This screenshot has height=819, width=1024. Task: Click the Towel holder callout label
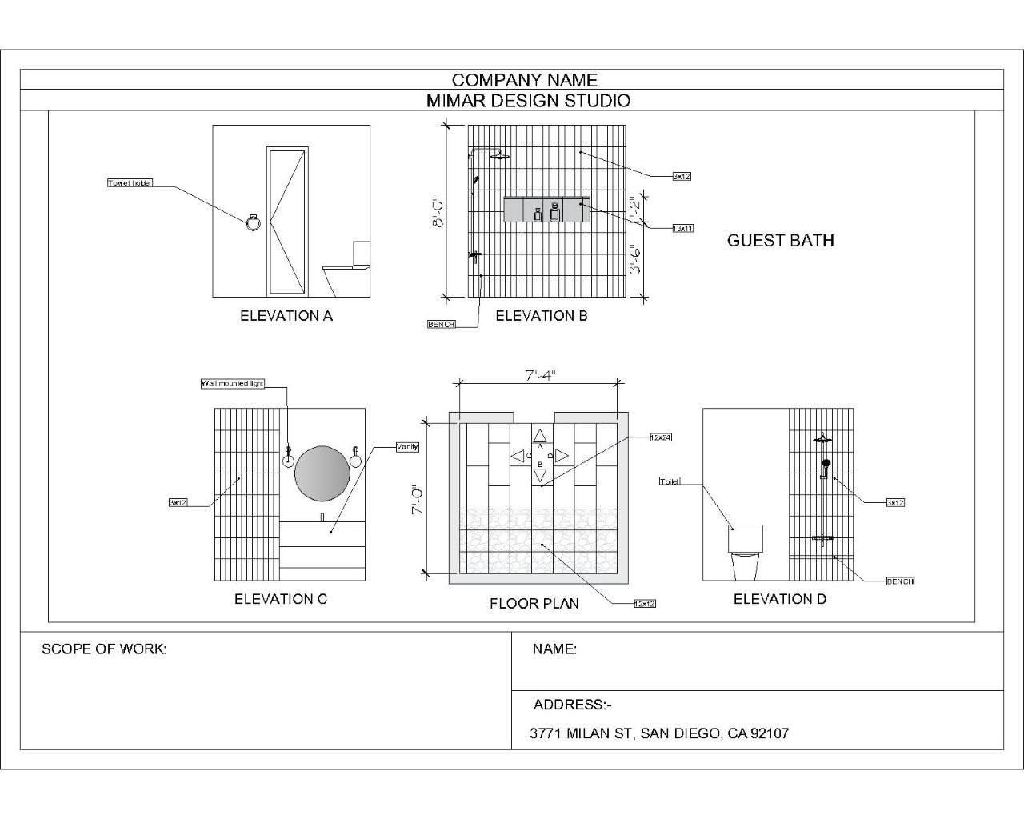[130, 183]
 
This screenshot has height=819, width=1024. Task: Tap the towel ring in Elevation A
[253, 223]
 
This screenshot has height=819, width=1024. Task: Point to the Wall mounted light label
[232, 384]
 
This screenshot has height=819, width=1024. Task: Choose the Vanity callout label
[407, 447]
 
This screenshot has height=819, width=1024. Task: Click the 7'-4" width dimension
[540, 374]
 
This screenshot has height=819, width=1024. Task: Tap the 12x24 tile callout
[661, 437]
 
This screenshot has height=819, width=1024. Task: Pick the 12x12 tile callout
[644, 604]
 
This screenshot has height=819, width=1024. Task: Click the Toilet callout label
[670, 481]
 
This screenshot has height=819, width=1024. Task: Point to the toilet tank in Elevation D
[745, 538]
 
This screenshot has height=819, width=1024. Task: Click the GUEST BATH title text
[780, 241]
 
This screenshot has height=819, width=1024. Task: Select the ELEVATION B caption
[542, 316]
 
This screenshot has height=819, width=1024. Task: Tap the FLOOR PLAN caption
[534, 604]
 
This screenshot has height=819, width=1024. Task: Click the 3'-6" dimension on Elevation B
[635, 259]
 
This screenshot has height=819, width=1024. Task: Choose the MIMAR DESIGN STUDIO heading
[528, 101]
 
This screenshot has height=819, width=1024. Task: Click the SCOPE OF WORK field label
[104, 649]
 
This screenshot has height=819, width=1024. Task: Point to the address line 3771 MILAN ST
[659, 733]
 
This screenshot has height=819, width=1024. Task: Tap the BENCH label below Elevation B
[441, 324]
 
